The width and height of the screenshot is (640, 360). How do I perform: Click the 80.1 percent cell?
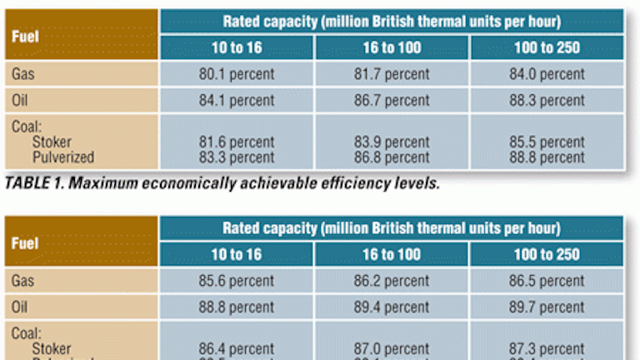237,74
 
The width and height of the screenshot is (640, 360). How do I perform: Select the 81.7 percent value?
392,74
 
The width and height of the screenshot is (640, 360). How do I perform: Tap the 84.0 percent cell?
547,74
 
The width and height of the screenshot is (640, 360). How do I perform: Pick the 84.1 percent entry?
237,101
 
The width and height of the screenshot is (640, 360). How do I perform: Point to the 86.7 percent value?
392,101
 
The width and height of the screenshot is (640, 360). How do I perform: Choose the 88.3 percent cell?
547,101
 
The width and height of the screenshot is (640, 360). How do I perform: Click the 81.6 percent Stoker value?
237,142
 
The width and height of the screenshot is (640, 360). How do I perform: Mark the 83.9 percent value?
392,142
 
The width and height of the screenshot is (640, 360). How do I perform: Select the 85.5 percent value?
547,142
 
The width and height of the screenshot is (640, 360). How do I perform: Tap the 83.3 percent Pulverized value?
237,157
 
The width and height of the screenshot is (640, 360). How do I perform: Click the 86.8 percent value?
392,157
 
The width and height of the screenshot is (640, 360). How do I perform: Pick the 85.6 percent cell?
237,281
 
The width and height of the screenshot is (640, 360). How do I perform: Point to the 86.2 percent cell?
392,281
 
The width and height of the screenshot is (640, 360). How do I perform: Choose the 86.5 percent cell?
547,281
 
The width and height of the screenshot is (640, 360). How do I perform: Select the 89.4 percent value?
392,307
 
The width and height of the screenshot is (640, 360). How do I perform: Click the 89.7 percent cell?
547,307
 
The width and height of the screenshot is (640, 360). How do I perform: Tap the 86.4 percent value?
237,349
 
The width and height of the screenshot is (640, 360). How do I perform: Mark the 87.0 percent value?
392,349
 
